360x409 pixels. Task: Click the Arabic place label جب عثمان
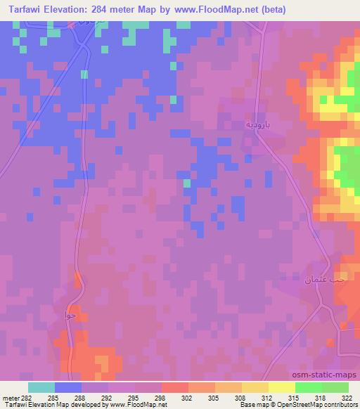click(x=326, y=279)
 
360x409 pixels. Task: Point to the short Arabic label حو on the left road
click(x=70, y=315)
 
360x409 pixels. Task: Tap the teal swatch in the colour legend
click(x=41, y=387)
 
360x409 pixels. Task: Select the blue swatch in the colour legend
click(x=68, y=387)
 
